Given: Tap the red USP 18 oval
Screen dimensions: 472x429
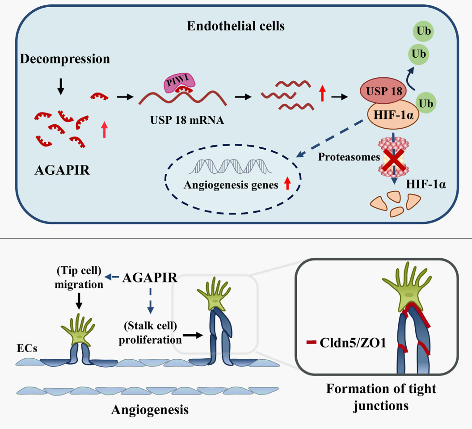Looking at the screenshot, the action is tap(383, 91).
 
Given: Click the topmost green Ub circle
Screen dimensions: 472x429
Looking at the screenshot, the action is tap(424, 31).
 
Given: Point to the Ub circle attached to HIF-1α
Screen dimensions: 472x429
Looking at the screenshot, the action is tap(426, 103).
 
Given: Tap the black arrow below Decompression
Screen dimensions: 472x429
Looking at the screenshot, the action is tap(61, 86).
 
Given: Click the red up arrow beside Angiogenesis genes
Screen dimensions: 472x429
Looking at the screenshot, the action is tap(287, 183).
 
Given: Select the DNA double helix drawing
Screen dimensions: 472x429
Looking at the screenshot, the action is tap(230, 166).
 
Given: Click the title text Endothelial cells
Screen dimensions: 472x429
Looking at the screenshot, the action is tap(236, 26).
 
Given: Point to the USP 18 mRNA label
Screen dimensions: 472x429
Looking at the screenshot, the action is tap(187, 120).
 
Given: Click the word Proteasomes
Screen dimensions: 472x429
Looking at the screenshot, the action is tap(349, 157).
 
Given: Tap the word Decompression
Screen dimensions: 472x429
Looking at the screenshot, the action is tap(65, 59).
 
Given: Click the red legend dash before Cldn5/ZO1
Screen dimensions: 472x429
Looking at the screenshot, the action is tap(311, 342).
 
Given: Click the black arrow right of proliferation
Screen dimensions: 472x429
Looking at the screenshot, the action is tap(193, 335).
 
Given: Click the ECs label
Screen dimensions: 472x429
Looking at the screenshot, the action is tap(27, 348).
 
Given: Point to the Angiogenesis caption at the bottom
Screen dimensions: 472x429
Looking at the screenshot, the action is tap(150, 409).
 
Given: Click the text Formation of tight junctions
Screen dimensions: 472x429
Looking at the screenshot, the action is tap(381, 397).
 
